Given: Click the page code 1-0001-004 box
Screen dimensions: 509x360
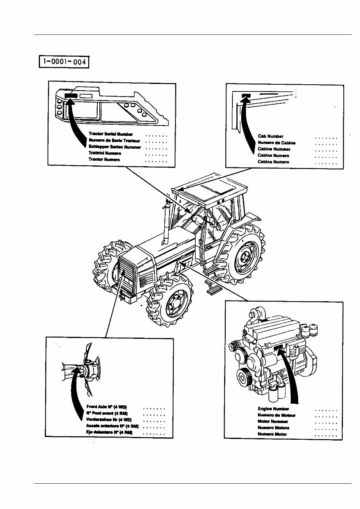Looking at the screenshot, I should (x=64, y=62).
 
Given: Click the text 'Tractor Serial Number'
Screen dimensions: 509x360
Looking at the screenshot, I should (x=110, y=134).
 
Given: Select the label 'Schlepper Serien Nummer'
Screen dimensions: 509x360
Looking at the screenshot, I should (x=114, y=147).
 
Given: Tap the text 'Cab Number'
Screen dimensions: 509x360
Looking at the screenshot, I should (x=270, y=136).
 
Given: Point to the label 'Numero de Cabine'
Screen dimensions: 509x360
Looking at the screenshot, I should (x=276, y=142).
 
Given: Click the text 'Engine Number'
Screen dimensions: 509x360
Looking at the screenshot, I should (x=273, y=408).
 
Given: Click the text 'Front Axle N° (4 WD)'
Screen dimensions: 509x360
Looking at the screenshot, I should (x=107, y=407).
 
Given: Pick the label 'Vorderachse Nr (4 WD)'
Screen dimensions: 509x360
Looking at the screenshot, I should (x=109, y=419).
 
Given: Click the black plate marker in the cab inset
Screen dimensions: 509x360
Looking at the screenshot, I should (x=246, y=95).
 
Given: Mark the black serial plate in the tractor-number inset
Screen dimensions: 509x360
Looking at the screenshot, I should (x=71, y=95).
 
